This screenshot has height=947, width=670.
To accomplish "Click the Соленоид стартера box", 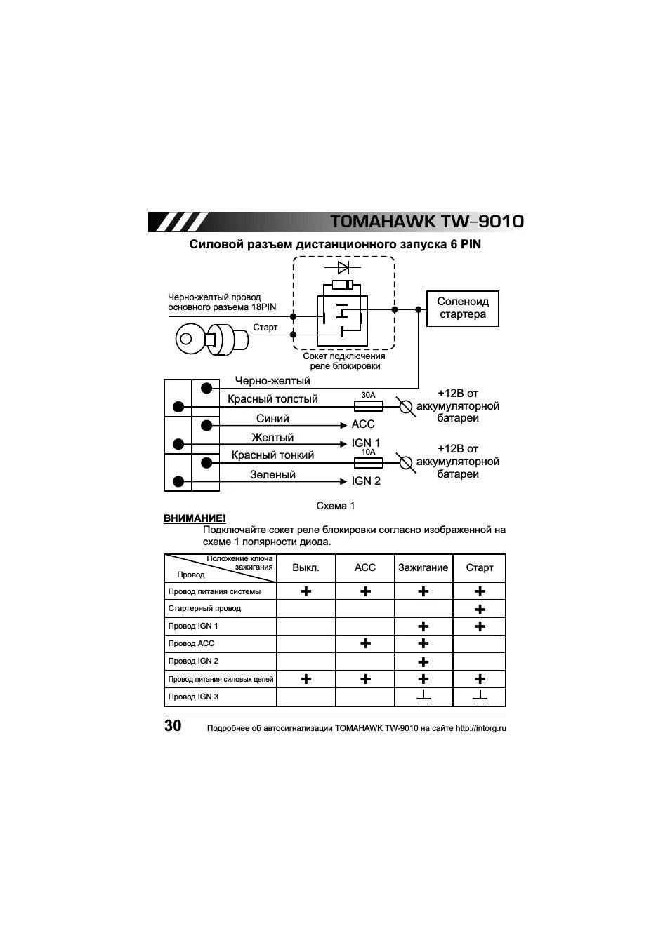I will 462,309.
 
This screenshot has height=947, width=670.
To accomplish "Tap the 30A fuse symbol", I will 368,405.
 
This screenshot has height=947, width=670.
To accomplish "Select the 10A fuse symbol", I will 368,462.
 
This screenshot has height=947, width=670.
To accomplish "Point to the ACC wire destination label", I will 363,424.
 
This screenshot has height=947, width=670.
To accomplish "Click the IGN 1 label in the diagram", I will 366,443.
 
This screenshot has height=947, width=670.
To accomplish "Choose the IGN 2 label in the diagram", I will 366,481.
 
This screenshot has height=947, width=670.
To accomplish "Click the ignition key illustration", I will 211,340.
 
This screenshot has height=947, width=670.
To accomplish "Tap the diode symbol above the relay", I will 343,268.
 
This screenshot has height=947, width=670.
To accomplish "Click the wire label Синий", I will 272,419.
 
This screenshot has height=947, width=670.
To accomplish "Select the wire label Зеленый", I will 272,475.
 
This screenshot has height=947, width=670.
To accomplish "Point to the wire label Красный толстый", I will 272,399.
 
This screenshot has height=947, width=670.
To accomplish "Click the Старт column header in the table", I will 480,567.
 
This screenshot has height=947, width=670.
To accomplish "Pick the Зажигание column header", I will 423,567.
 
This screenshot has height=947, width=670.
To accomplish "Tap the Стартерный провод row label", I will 204,609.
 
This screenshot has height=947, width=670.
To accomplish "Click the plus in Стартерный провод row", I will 480,610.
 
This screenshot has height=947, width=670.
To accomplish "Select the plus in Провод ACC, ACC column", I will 365,643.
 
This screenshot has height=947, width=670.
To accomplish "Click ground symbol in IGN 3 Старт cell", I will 480,697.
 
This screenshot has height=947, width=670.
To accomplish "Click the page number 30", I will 173,726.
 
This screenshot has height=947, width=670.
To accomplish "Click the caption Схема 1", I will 336,506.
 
